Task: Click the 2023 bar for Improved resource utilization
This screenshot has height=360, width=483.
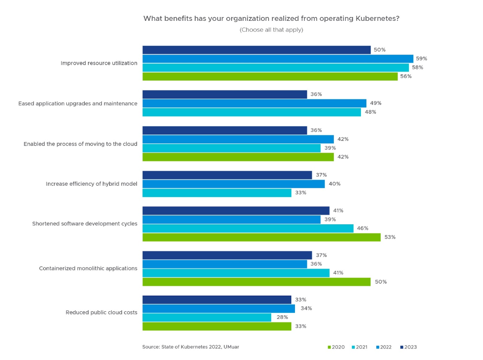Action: (x=257, y=50)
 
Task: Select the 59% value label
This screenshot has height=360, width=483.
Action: (x=422, y=59)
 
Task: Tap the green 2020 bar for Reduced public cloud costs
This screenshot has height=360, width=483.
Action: (x=217, y=326)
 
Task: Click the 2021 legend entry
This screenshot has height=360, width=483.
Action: (x=360, y=347)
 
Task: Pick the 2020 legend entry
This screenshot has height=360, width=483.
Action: (x=336, y=347)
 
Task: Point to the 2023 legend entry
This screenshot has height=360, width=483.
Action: (x=408, y=347)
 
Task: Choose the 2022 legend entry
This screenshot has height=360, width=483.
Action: (x=384, y=347)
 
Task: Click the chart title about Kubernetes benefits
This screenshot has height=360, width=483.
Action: (x=271, y=19)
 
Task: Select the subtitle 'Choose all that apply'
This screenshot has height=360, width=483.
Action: (x=271, y=30)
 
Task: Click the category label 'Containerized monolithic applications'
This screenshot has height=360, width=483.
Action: (x=88, y=268)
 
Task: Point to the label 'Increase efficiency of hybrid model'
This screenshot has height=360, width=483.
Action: (x=91, y=184)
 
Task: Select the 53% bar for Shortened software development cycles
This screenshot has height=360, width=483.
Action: (x=261, y=237)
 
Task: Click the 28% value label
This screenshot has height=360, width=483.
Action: (x=282, y=317)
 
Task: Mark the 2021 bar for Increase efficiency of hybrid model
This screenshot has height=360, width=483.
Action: (x=217, y=193)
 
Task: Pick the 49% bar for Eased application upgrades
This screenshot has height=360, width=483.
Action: (x=254, y=103)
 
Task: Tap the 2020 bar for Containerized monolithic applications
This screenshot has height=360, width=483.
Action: (x=257, y=282)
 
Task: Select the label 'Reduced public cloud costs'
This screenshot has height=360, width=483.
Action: (x=101, y=312)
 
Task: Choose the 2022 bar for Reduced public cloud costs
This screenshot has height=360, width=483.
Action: (x=219, y=308)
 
